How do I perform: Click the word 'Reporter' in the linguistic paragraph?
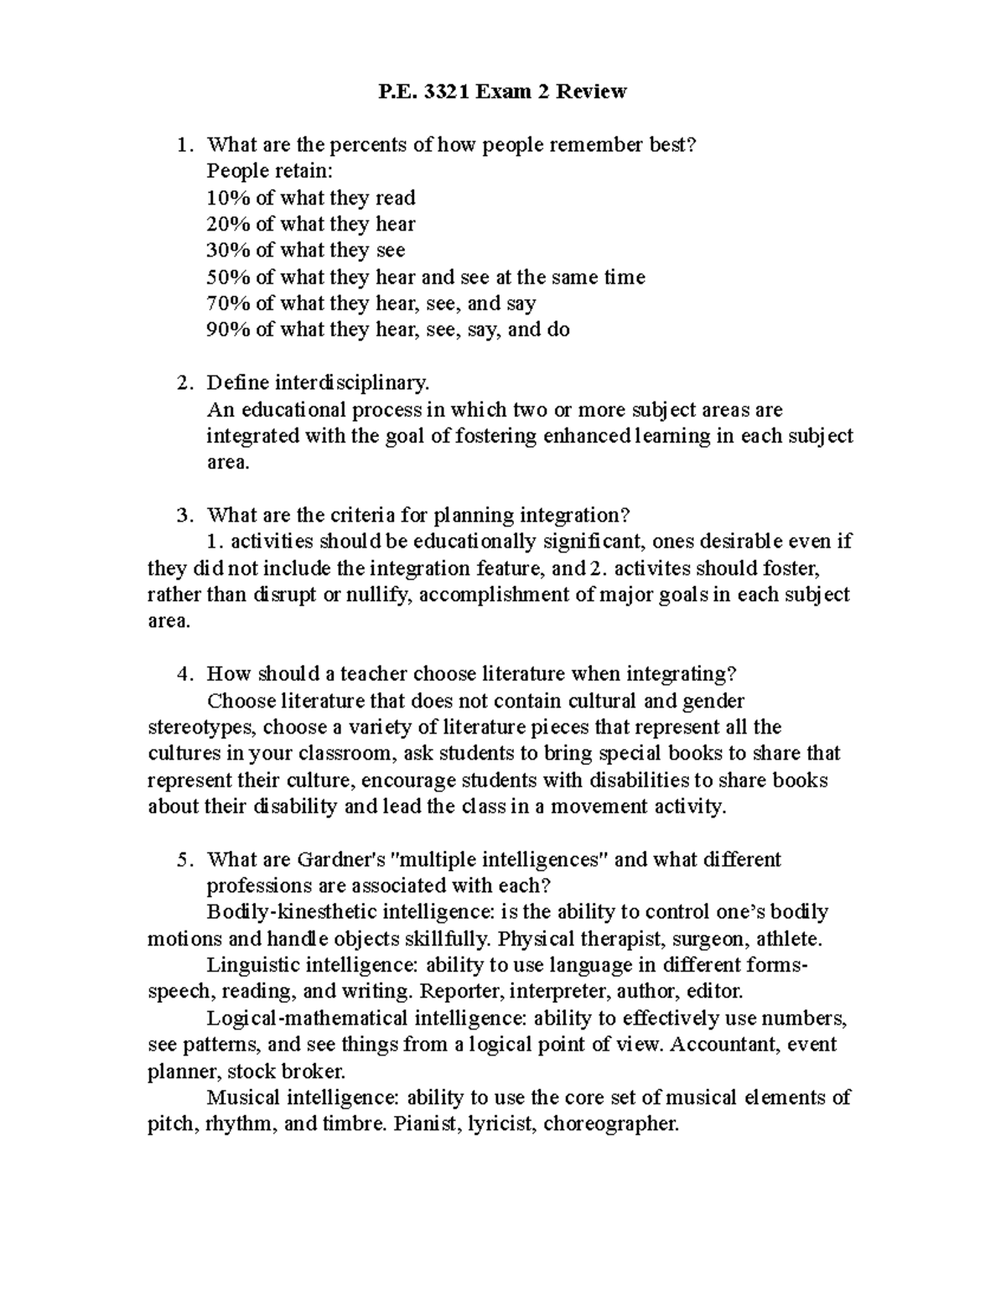pos(457,992)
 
